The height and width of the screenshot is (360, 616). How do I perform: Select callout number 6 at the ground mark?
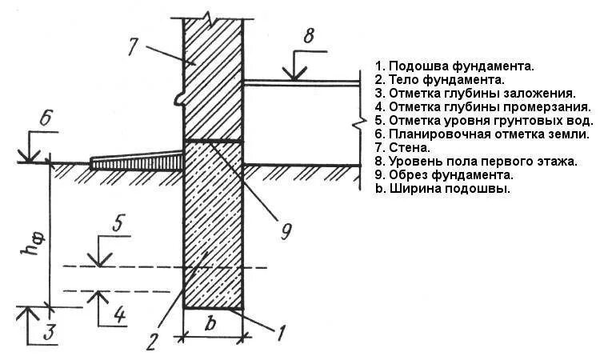[47, 118]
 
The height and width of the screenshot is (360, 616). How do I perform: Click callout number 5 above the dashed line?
[118, 224]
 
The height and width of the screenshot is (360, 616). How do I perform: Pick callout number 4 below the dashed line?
[118, 314]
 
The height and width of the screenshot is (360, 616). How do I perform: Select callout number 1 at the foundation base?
[280, 330]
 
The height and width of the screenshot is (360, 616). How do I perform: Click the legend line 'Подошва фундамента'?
[454, 66]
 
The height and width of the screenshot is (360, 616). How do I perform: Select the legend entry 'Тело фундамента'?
[438, 80]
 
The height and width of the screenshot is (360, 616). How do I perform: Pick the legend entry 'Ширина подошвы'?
[442, 189]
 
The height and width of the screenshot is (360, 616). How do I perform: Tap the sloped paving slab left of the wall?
[136, 162]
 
